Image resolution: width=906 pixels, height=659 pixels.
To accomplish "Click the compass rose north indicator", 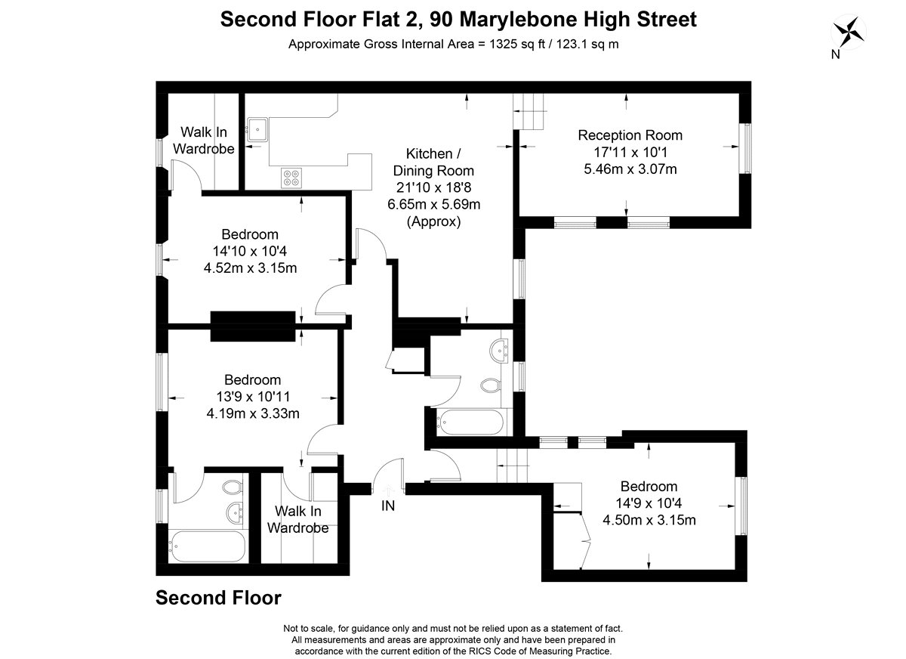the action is [849, 32].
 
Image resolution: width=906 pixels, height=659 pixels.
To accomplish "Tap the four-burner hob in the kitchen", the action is [291, 178].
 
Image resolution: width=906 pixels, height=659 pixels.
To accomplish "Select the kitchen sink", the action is [257, 129].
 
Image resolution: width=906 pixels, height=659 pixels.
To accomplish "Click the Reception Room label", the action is [630, 135].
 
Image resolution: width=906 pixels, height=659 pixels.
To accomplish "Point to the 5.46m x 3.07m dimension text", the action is [630, 169].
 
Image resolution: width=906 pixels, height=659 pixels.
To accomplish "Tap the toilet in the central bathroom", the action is [491, 385].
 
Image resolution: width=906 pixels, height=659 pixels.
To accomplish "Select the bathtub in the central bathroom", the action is [471, 422].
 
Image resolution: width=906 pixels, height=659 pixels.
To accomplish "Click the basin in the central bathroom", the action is [499, 351].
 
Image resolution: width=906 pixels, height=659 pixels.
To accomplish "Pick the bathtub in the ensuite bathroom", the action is [207, 546].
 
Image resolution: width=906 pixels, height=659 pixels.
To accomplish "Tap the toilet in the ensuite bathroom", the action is [233, 487].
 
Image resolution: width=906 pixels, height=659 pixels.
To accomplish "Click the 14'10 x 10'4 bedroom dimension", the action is [250, 252].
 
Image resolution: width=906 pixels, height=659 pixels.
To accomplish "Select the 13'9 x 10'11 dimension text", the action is [253, 397].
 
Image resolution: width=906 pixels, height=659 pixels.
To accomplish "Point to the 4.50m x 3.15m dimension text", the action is [649, 520].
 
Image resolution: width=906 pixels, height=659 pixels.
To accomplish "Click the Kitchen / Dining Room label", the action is [433, 162].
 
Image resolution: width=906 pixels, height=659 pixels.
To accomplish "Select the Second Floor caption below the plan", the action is [218, 598].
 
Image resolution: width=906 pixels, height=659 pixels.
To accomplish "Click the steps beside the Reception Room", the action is [530, 112].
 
